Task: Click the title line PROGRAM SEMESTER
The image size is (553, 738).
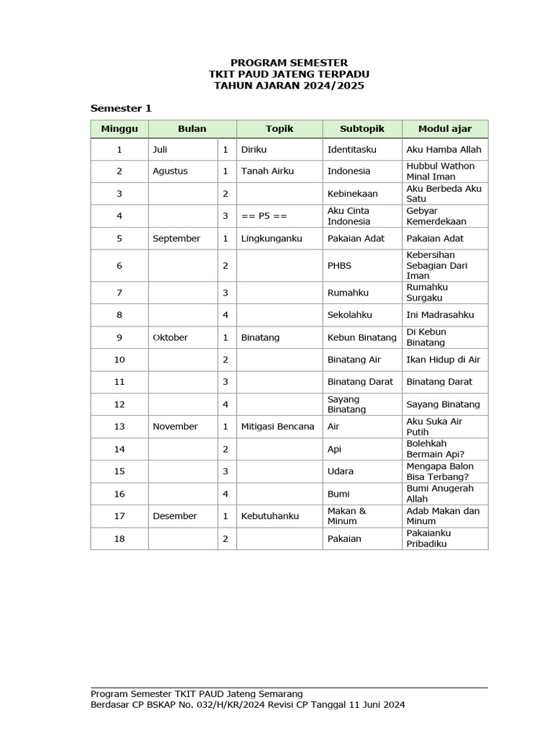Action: [289, 63]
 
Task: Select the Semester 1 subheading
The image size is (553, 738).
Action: [121, 108]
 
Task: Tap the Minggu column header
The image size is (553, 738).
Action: [120, 129]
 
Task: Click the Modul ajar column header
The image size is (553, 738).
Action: [445, 129]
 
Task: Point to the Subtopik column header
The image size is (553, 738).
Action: [362, 129]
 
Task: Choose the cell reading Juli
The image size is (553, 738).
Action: [160, 150]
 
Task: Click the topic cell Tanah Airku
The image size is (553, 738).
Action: [268, 172]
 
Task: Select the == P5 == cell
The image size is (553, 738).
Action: [264, 216]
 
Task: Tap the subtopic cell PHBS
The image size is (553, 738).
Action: [340, 266]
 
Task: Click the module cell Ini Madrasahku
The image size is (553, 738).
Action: [440, 315]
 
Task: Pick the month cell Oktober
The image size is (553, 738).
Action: [170, 337]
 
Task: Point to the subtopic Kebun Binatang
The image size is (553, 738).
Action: [362, 337]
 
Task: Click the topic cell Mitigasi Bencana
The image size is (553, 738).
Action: [278, 427]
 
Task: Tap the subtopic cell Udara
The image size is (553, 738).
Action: [341, 471]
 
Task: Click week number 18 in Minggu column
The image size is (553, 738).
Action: [120, 539]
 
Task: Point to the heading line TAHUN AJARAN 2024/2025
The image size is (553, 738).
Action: [289, 86]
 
